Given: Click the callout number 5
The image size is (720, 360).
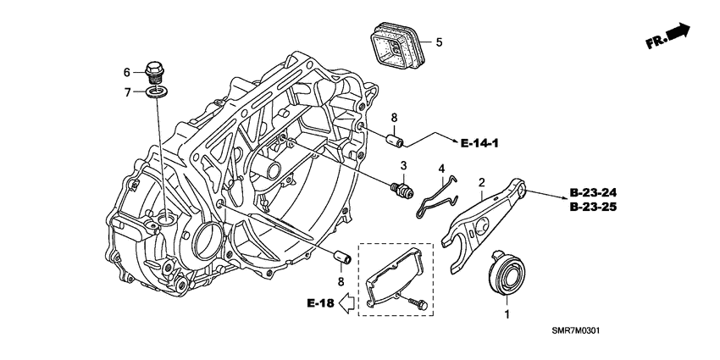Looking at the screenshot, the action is pos(439,42).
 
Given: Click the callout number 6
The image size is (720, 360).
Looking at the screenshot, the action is pos(127,72).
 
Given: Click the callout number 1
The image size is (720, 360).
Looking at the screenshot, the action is pos(507,314).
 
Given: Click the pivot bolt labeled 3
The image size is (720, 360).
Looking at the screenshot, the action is pos(402,188).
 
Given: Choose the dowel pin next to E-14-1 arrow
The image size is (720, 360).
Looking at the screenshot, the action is pos(395,140).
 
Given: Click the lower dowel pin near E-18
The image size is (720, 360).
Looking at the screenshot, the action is pos(342,257).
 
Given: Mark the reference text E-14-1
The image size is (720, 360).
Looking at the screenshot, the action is pos(479,144).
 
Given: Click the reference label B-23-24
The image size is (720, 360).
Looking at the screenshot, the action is pos(593,192).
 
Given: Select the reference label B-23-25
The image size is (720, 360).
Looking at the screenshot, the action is pos(593,207).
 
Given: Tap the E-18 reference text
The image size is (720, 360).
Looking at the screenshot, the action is pos(320,303).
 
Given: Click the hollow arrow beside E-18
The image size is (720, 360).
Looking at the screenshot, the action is pos(346,303).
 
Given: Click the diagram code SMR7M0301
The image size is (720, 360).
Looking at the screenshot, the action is pos(576,330).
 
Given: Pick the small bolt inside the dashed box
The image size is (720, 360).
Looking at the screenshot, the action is pos(417,303).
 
